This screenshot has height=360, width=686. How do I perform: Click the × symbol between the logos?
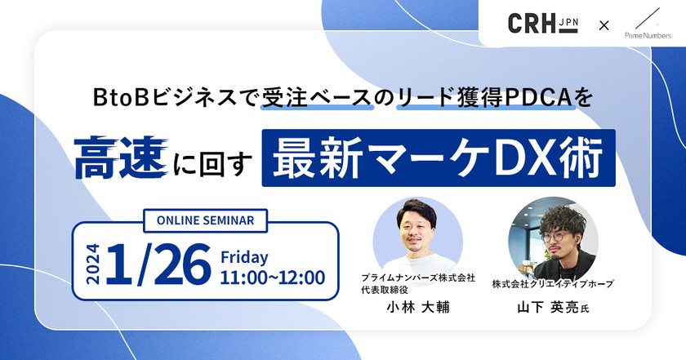[604, 25]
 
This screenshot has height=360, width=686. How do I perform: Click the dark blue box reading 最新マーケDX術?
[439, 158]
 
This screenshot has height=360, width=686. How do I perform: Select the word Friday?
[244, 257]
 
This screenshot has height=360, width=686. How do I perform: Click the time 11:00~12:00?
[273, 278]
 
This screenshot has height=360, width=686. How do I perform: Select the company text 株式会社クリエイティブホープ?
[552, 283]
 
